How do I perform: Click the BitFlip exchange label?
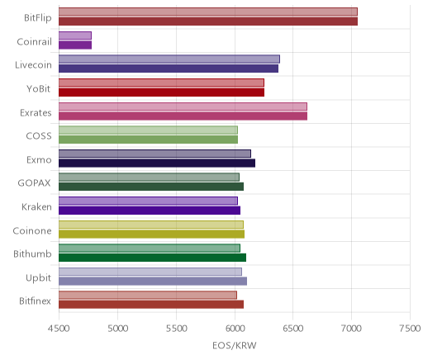point(38,18)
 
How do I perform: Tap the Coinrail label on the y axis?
point(34,41)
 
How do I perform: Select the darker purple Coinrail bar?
point(75,45)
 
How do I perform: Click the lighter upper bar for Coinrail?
point(75,36)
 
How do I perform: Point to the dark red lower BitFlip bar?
point(208,21)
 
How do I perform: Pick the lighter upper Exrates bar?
point(183,107)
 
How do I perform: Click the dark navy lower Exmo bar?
point(157,163)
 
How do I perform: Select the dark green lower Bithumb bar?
point(153,258)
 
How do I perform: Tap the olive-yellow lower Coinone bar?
point(152,234)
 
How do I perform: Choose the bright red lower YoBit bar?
point(162,92)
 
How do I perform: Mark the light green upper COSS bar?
point(149,130)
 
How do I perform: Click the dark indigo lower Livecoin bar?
point(169,69)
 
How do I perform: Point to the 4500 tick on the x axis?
point(59,329)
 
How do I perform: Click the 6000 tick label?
point(235,329)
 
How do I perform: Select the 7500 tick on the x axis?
point(410,329)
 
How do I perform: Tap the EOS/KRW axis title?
point(235,345)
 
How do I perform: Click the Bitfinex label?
point(35,301)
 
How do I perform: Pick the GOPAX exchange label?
point(34,183)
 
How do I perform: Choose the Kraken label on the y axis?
point(36,206)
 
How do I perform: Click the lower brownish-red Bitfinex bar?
point(151,305)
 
